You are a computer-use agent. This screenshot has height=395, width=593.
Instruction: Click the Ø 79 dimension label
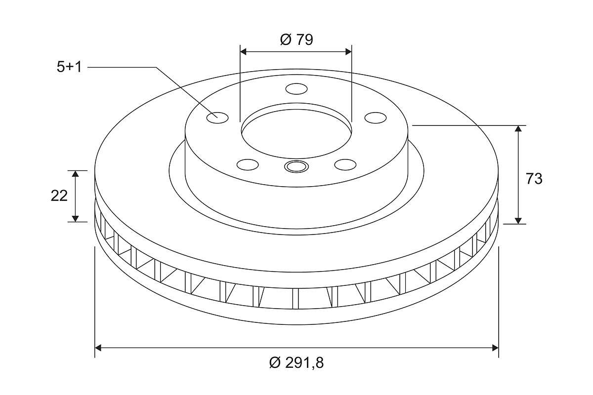(296, 39)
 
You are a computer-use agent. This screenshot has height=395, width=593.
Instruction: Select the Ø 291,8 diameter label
(296, 362)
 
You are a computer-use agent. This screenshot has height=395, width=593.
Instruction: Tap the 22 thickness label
(59, 196)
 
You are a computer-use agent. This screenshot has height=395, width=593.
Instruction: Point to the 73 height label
(534, 179)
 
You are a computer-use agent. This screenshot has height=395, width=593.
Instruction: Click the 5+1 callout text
(69, 67)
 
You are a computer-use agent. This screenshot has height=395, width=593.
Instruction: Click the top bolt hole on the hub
(296, 89)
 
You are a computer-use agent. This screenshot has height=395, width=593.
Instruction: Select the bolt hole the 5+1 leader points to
(217, 118)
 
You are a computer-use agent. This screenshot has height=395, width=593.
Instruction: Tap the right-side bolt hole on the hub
(376, 118)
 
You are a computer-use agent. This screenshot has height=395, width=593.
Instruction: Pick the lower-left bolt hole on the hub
(248, 164)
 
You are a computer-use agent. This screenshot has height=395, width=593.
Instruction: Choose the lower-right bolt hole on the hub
(345, 164)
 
